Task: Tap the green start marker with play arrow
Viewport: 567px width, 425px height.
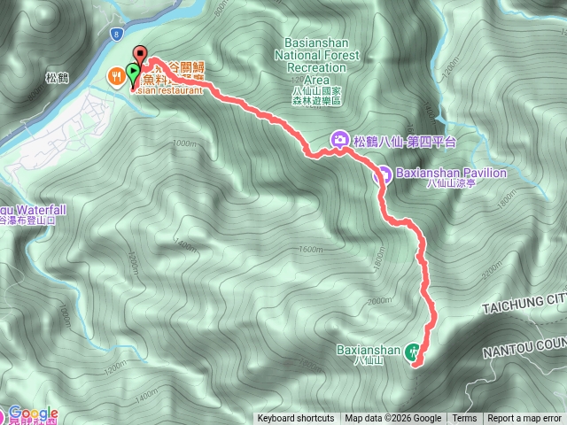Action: click(133, 71)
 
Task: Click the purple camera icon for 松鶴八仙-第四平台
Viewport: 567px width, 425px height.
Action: click(339, 140)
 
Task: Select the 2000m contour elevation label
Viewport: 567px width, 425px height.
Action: click(378, 301)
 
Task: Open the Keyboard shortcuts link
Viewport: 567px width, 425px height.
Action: click(296, 419)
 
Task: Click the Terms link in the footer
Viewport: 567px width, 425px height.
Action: click(464, 419)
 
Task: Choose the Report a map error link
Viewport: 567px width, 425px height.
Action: click(524, 419)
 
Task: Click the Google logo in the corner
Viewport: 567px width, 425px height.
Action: click(33, 413)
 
